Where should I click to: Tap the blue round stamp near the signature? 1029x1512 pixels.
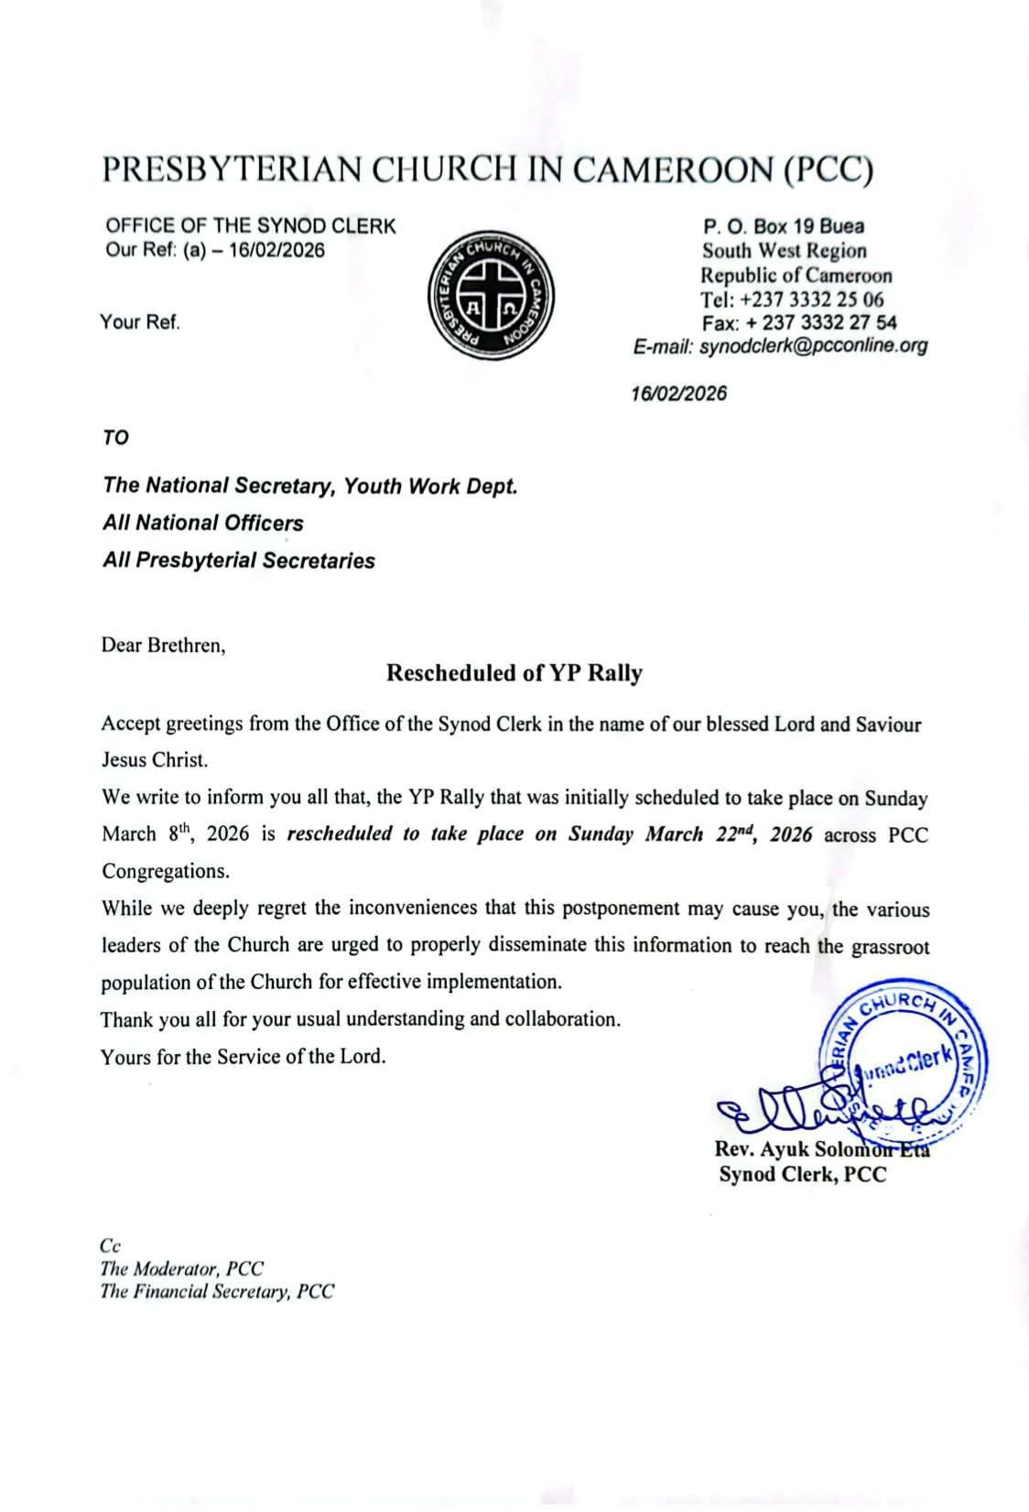coord(904,1060)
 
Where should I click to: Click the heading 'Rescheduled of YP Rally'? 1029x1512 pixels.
coord(514,673)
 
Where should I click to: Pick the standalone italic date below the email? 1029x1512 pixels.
coord(679,394)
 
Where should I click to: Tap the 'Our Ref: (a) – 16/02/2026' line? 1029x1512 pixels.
coord(215,250)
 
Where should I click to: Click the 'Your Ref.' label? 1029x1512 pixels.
coord(140,321)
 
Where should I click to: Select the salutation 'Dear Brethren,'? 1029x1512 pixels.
coord(163,645)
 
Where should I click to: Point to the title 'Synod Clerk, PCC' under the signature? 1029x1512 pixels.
coord(802,1175)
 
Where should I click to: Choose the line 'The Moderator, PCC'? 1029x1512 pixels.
coord(181,1268)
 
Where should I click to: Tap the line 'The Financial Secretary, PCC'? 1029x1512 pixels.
coord(217,1292)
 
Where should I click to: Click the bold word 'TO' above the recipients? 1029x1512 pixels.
coord(115,438)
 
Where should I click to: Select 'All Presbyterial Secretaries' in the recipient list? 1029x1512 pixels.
coord(238,560)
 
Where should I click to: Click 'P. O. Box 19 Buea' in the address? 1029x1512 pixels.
coord(783,226)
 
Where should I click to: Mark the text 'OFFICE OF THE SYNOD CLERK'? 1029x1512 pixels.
coord(251,226)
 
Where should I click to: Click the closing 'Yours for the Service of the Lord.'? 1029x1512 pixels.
coord(243,1057)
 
